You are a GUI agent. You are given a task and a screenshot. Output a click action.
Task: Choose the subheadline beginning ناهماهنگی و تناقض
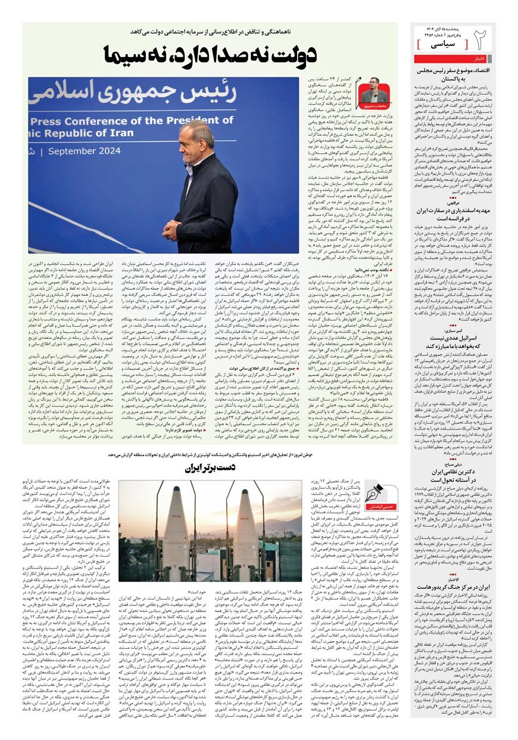(x=214, y=31)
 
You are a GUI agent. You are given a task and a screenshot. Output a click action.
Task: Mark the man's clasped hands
(x=171, y=227)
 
